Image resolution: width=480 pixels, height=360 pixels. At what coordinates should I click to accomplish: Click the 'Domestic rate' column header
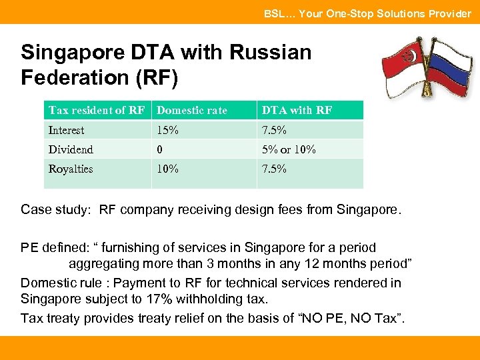[191, 111]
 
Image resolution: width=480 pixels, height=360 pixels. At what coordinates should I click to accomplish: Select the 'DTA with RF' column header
[297, 111]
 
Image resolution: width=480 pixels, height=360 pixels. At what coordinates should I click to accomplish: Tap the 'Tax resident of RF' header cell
[96, 111]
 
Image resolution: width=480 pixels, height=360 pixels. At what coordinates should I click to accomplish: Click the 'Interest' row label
[67, 130]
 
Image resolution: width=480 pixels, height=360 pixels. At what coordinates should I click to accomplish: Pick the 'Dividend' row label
[71, 149]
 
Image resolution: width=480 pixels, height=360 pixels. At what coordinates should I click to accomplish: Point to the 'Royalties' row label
[71, 169]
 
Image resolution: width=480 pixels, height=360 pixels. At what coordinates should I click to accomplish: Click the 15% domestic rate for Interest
[167, 130]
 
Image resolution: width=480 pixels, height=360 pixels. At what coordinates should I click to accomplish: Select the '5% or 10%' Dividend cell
[289, 149]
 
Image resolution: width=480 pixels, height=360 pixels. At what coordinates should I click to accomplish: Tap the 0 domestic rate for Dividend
[160, 149]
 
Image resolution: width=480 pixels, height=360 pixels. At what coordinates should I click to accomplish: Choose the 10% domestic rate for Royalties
[167, 169]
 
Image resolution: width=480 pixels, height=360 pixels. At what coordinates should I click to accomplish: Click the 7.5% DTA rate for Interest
[274, 130]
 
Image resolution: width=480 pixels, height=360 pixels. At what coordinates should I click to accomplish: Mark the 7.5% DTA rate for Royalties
[274, 169]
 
